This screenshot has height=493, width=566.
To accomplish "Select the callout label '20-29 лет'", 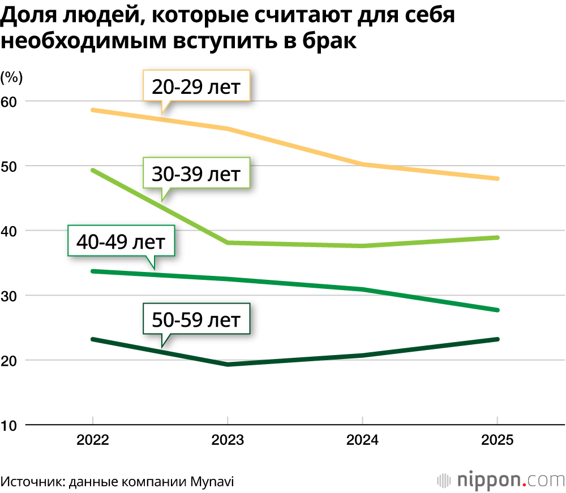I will click(196, 87).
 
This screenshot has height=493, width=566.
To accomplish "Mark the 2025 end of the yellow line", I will click(497, 179).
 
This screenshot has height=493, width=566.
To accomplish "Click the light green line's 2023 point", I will click(227, 243).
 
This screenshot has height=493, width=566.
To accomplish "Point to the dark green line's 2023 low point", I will click(227, 364).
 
